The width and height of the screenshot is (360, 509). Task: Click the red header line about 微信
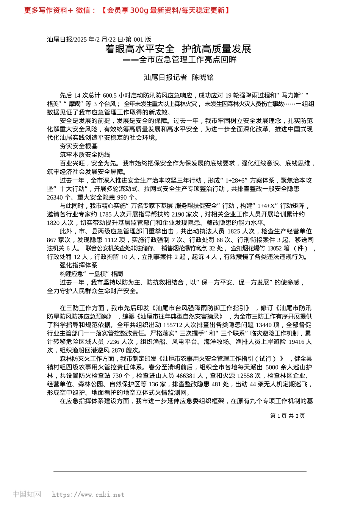[127, 10]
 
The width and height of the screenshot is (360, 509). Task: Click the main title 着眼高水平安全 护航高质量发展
[178, 49]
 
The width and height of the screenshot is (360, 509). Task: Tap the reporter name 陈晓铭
[203, 78]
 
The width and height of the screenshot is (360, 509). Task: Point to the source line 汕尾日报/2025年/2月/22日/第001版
[99, 39]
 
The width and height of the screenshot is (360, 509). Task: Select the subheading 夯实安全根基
[79, 146]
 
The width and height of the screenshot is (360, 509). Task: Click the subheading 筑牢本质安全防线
[85, 155]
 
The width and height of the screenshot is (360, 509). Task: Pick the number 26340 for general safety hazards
[55, 197]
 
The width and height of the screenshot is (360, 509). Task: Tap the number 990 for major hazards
[122, 197]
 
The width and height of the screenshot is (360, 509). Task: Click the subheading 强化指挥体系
[79, 265]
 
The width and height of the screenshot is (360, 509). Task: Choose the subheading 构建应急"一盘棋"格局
[91, 274]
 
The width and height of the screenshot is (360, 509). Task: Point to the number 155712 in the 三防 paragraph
[172, 325]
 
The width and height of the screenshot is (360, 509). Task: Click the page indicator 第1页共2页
[287, 416]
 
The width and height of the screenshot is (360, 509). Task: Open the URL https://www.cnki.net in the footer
[88, 495]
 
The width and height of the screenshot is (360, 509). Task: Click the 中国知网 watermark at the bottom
[27, 494]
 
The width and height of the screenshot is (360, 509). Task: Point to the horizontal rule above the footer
[180, 472]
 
